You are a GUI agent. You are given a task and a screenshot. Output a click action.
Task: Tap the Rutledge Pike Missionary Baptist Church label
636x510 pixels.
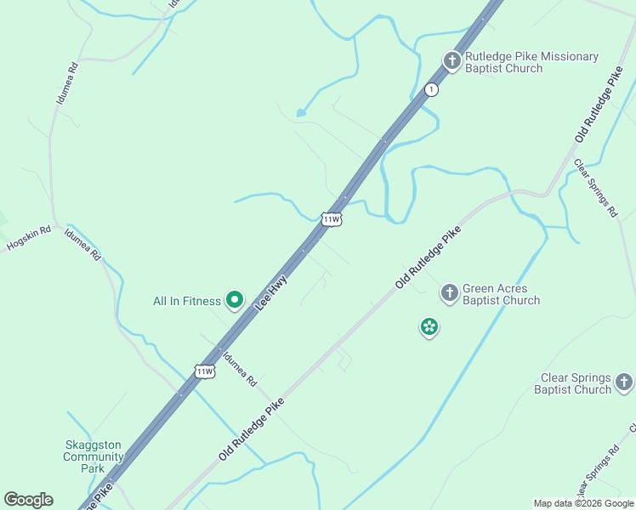point(531,62)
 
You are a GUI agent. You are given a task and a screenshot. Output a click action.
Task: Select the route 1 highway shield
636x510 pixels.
point(432,89)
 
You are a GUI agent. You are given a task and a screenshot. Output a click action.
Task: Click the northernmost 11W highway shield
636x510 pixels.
point(332,219)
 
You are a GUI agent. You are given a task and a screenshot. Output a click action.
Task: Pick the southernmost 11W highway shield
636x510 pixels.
point(204,371)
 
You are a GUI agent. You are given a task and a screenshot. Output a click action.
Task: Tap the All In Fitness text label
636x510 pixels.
point(187,301)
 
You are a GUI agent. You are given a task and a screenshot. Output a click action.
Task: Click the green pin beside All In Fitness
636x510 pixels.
point(236,299)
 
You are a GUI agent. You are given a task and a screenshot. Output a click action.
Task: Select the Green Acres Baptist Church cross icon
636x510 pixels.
point(450,293)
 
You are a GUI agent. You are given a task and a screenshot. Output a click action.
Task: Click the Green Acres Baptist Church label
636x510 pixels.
point(501,294)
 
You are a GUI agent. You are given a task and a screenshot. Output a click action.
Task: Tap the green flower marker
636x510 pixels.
point(429,326)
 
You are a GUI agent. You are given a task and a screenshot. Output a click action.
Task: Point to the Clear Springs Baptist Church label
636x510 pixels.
point(576,383)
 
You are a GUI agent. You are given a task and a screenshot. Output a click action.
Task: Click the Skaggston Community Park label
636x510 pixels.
point(94,456)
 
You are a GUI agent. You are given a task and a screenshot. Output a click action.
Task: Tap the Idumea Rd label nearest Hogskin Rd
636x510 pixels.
point(82,244)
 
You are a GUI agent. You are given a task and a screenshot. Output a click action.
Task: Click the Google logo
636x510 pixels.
point(28,500)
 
